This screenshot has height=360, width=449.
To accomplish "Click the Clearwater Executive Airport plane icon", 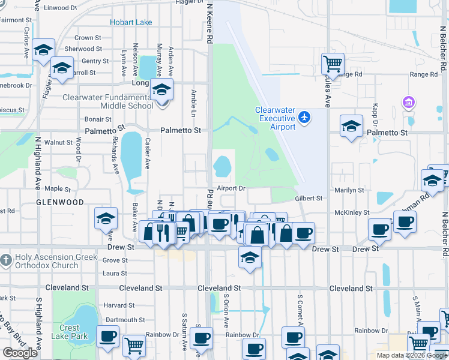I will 305,116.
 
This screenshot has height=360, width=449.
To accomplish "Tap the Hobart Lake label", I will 131,23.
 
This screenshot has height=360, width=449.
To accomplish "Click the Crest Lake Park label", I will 69,332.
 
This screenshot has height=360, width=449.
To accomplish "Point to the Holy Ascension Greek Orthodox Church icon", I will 6,260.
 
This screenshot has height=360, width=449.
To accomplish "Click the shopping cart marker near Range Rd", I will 333,63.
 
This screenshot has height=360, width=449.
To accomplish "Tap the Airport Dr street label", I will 232,188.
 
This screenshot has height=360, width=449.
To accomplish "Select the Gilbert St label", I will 309,199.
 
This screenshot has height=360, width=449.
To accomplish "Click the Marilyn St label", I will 350,190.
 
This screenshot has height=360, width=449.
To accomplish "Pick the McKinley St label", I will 352,212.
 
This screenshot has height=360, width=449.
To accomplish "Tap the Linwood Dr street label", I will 61,8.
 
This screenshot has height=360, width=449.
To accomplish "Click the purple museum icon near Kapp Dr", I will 409,102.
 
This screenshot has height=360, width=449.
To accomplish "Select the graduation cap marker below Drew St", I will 250,258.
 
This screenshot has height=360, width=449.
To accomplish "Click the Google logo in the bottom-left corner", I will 20,353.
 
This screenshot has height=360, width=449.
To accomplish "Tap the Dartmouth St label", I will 124,320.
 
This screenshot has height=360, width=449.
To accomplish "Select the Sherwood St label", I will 79,49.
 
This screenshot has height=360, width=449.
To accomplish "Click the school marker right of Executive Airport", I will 352,126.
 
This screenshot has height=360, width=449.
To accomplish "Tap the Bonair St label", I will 98,119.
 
